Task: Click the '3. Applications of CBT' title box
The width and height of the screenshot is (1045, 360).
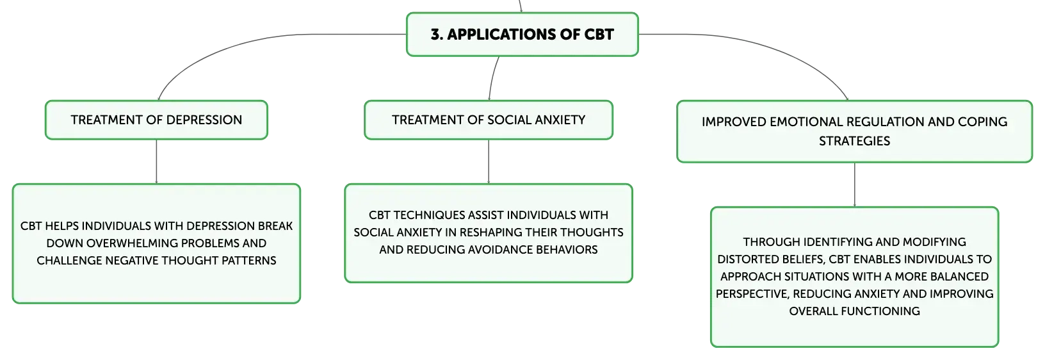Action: tap(522, 35)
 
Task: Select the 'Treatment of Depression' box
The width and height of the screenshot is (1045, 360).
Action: tap(156, 120)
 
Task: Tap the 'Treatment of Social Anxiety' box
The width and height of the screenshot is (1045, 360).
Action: tap(489, 120)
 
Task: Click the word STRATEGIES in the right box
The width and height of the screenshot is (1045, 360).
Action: tap(854, 141)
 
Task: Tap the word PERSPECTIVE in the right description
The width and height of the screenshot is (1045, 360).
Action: tap(751, 294)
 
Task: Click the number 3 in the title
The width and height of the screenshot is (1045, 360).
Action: tap(435, 35)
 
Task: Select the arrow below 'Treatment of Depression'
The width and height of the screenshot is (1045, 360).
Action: tap(156, 161)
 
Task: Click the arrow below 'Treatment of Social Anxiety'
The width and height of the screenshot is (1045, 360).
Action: tap(489, 161)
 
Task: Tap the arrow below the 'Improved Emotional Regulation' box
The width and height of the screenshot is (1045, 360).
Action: tap(854, 185)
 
